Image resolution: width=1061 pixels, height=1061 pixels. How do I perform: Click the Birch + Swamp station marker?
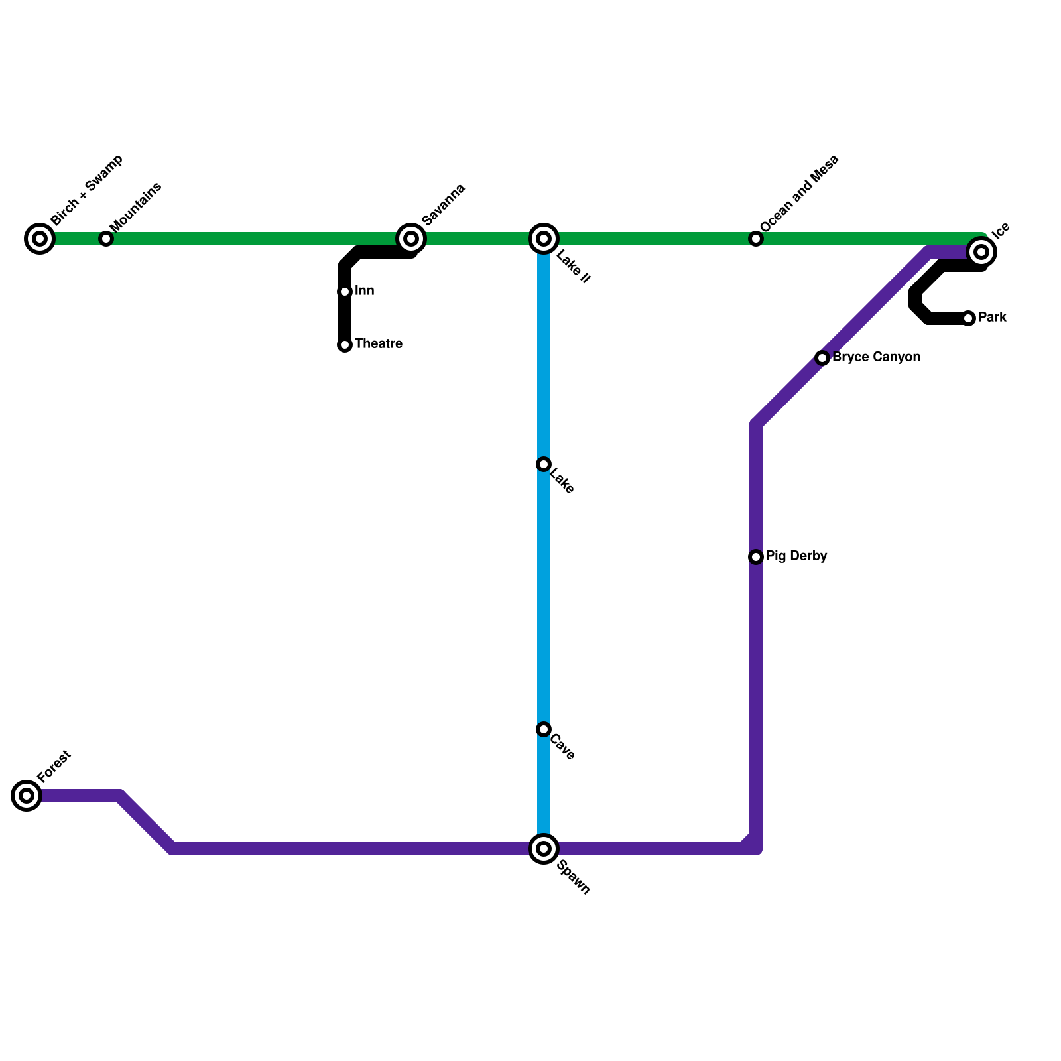pyautogui.click(x=40, y=239)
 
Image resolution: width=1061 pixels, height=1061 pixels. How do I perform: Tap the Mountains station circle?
pyautogui.click(x=106, y=239)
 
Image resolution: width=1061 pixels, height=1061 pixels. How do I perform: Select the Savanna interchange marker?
pyautogui.click(x=411, y=239)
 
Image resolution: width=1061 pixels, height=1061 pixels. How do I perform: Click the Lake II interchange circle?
pyautogui.click(x=544, y=239)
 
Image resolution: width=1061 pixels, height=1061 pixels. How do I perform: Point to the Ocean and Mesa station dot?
pyautogui.click(x=756, y=239)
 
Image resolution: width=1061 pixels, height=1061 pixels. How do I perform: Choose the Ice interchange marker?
pyautogui.click(x=981, y=252)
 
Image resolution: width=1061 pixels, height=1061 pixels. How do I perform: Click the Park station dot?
pyautogui.click(x=968, y=318)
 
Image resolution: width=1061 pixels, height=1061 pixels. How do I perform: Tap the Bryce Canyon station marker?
pyautogui.click(x=822, y=358)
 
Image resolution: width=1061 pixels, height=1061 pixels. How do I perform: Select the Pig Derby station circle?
pyautogui.click(x=756, y=557)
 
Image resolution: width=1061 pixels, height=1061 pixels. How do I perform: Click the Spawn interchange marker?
pyautogui.click(x=544, y=849)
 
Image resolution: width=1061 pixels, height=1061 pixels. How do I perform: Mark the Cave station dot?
pyautogui.click(x=544, y=729)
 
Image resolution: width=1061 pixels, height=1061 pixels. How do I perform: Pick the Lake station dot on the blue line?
pyautogui.click(x=544, y=464)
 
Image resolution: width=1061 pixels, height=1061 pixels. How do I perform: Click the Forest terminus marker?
pyautogui.click(x=27, y=796)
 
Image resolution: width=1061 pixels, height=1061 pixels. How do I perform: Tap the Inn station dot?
pyautogui.click(x=345, y=292)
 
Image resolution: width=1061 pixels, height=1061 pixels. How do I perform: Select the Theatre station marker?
pyautogui.click(x=345, y=345)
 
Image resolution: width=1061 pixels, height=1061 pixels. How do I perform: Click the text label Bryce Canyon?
pyautogui.click(x=876, y=357)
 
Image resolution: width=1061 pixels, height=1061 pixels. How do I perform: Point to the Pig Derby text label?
pyautogui.click(x=796, y=556)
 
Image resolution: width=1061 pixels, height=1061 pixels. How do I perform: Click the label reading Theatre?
pyautogui.click(x=379, y=344)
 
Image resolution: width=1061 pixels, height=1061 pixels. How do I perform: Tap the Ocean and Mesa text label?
pyautogui.click(x=800, y=194)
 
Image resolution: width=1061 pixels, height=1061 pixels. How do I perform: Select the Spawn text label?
pyautogui.click(x=574, y=877)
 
